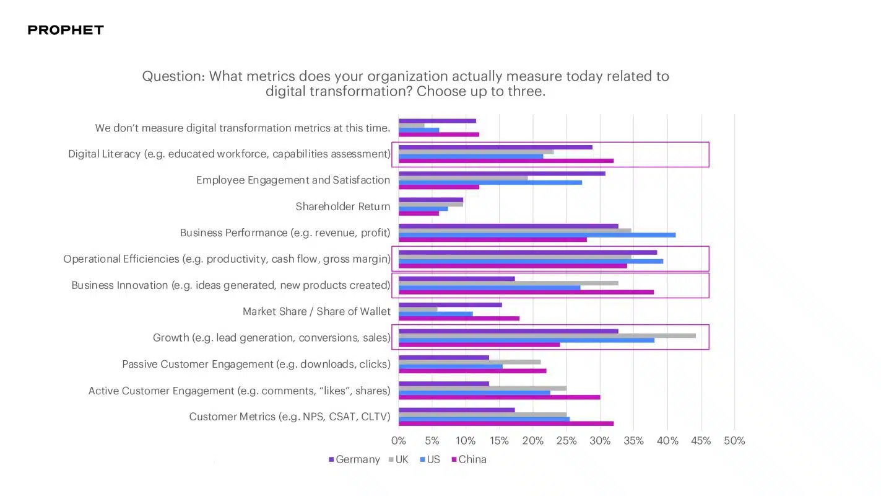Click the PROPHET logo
66,30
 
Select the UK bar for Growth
547,335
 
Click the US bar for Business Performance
537,235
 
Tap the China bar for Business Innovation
526,292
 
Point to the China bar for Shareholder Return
419,213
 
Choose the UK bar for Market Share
418,309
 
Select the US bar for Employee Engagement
490,182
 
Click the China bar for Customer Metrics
506,423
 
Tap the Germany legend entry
354,459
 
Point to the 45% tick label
701,441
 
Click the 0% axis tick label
399,441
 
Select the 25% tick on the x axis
566,441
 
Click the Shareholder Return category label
342,206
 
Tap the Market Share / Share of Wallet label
316,311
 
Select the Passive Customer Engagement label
256,364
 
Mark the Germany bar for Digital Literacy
495,147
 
